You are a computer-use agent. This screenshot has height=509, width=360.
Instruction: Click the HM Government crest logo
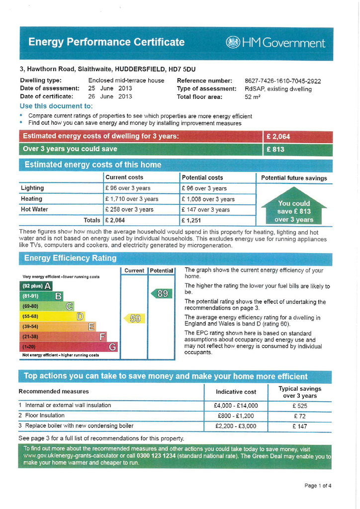[x=233, y=43]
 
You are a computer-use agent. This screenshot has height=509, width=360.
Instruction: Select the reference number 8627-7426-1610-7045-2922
[x=282, y=81]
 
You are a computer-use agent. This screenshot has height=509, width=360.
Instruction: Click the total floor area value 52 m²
[x=252, y=97]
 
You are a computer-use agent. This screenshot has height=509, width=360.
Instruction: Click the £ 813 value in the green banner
[x=275, y=149]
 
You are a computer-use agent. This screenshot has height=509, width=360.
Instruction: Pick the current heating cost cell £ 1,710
[x=132, y=199]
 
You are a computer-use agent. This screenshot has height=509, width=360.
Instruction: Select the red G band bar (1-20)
[x=69, y=347]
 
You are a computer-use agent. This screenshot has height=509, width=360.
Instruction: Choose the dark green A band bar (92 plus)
[x=37, y=286]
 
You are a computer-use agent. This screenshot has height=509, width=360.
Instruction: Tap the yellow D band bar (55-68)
[x=52, y=316]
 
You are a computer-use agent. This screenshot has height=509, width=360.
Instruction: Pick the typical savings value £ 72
[x=299, y=416]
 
